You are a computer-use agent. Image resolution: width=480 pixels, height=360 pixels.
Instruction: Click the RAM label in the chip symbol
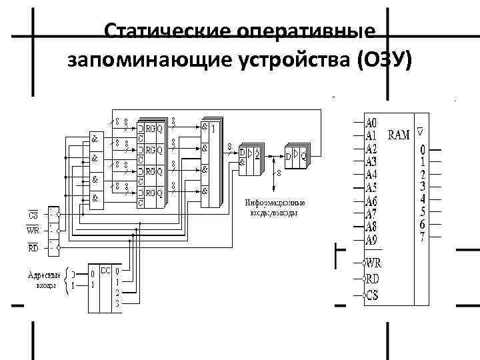click(399, 135)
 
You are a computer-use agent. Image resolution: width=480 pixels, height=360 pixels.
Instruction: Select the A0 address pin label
click(372, 123)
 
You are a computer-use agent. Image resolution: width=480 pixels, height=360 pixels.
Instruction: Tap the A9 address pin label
click(372, 239)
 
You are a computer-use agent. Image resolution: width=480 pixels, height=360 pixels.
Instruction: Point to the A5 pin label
click(372, 187)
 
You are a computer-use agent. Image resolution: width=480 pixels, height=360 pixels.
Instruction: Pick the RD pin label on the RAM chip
click(373, 279)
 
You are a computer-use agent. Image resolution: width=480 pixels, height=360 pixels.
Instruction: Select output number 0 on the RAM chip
click(422, 148)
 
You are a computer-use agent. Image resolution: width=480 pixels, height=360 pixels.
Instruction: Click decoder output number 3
click(117, 305)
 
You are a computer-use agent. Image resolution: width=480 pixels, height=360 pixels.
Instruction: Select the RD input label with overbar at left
click(33, 248)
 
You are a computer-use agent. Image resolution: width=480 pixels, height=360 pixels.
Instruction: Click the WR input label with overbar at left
click(33, 231)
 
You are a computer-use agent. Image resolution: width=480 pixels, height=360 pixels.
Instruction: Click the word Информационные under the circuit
click(275, 203)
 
